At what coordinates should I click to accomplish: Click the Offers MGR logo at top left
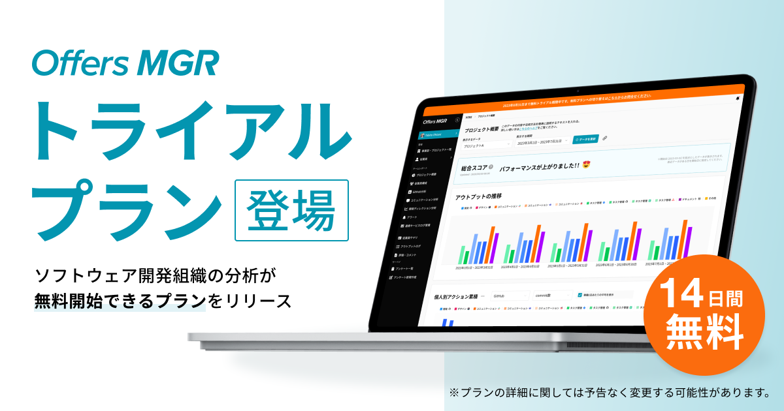[x=125, y=63]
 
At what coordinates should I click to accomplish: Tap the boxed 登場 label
[x=291, y=210]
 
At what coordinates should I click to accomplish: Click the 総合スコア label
[x=474, y=167]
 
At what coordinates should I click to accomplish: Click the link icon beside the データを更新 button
[x=605, y=138]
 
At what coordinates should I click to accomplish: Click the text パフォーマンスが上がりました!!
[x=539, y=167]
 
